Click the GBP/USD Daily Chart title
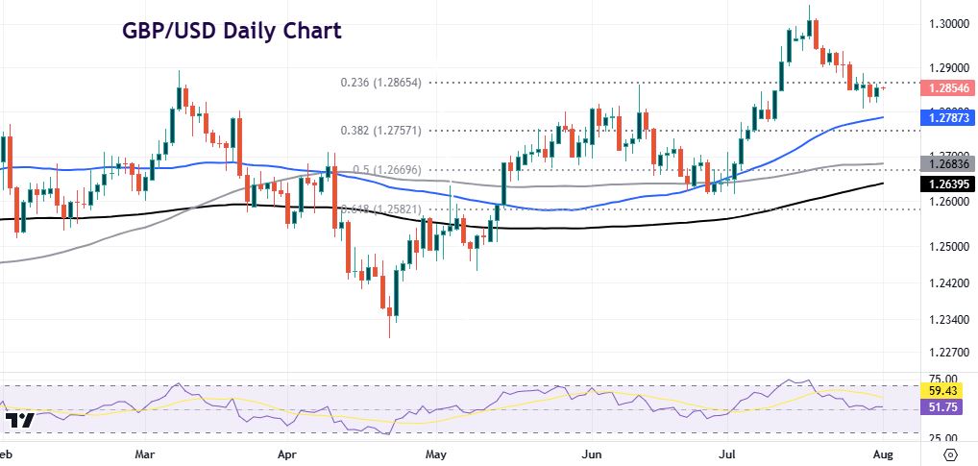232,31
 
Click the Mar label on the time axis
147,453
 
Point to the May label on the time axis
436,453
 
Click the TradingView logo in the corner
19,421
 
